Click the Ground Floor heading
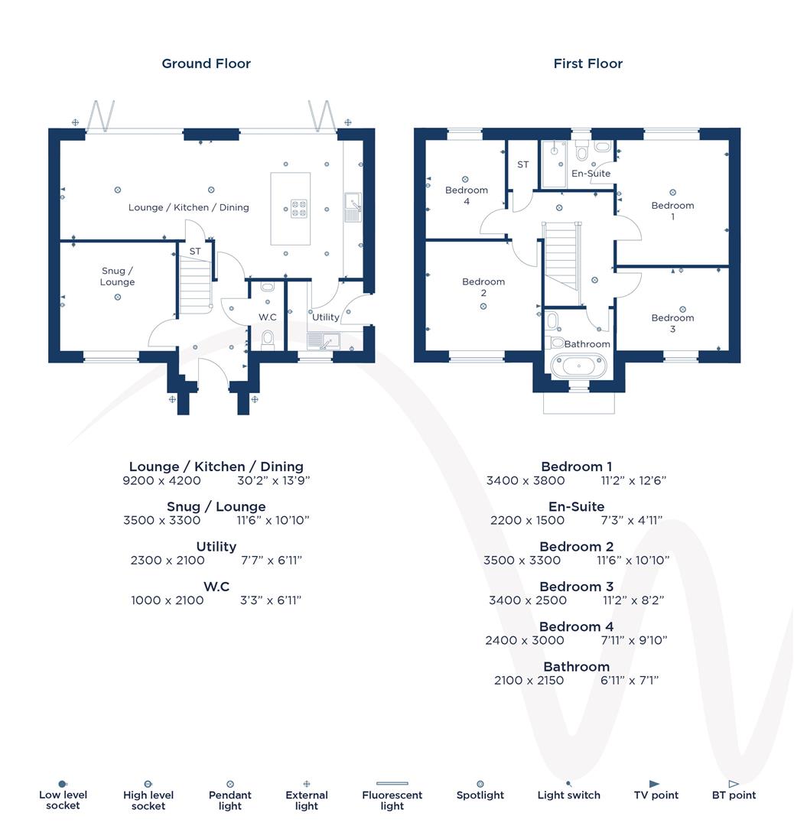click(206, 63)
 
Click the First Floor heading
click(587, 63)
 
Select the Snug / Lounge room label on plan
click(117, 276)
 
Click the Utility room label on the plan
click(325, 317)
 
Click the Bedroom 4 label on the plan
click(466, 196)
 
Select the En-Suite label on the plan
click(591, 174)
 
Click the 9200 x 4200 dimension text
click(161, 481)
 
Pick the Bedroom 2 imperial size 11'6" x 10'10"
click(633, 561)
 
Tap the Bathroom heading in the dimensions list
click(576, 667)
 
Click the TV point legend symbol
click(654, 784)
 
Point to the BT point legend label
click(734, 795)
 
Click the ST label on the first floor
click(523, 164)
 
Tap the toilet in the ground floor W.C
click(268, 338)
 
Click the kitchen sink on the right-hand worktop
click(353, 203)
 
